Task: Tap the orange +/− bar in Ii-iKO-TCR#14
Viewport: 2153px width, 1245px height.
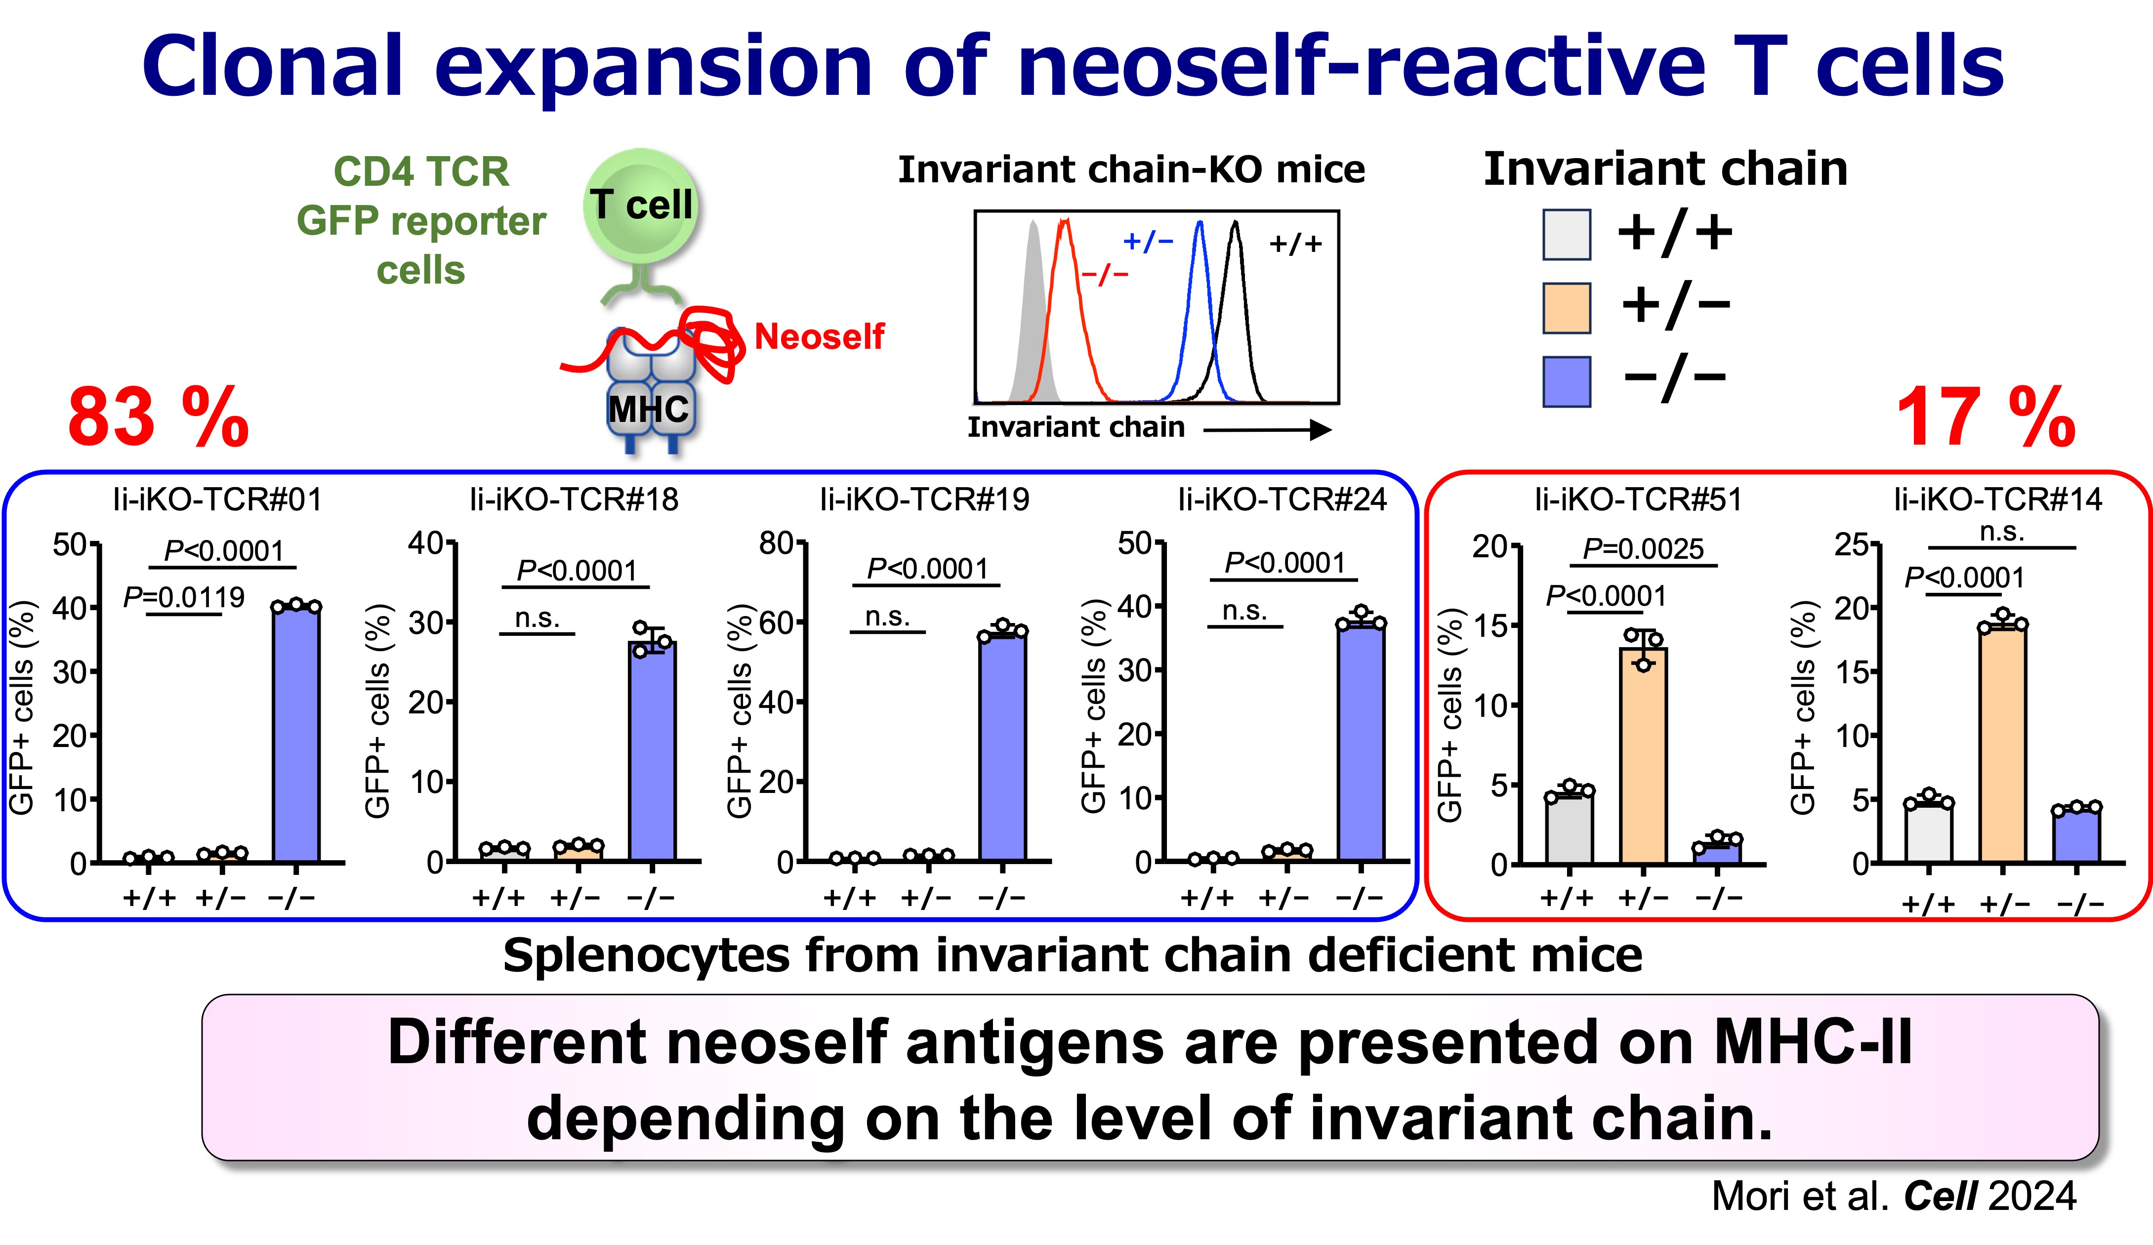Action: point(2002,744)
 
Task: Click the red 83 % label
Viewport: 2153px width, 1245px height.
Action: point(158,418)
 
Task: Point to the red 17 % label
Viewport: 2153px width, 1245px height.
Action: point(1985,418)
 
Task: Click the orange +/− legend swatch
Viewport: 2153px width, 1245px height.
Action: point(1566,308)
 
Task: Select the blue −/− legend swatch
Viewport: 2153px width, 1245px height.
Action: point(1566,381)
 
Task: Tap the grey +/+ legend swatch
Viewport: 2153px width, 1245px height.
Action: point(1566,234)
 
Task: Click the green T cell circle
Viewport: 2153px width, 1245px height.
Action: point(641,205)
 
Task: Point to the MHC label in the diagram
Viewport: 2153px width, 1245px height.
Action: point(648,409)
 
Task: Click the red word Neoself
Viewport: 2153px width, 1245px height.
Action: point(819,336)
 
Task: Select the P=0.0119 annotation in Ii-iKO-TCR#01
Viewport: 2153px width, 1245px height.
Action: point(184,596)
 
